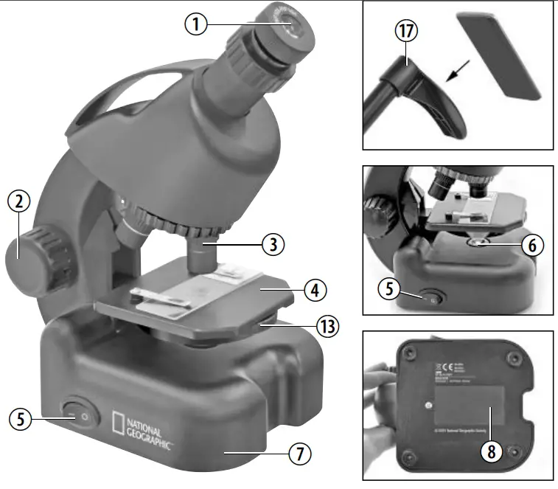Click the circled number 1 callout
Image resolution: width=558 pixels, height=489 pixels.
tap(195, 24)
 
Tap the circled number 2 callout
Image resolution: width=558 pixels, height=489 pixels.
tap(19, 201)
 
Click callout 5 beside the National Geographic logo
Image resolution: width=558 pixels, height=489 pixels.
tap(21, 418)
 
